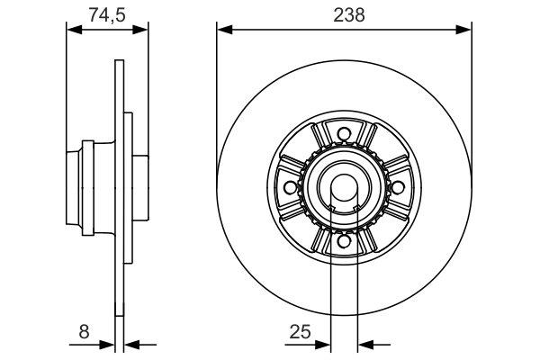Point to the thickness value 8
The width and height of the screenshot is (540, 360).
pos(85,332)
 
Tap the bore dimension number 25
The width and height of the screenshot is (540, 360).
pos(301,332)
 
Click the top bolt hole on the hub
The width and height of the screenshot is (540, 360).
pos(343,136)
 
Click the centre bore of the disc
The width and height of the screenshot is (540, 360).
pos(343,187)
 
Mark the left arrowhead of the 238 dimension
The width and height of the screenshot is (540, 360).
pos(224,30)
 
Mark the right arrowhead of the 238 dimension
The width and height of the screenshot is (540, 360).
pos(464,30)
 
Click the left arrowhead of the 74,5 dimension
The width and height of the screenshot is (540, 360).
pos(75,30)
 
